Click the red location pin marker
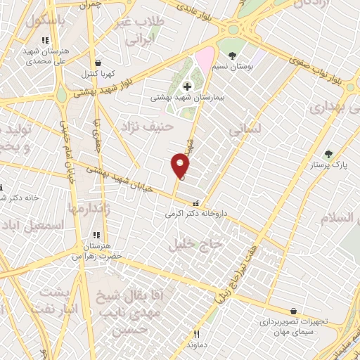pos(180,166)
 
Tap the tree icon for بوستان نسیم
pos(233,54)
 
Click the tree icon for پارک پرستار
pos(327,154)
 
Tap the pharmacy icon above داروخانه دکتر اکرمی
pos(186,200)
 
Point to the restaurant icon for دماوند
pos(197,334)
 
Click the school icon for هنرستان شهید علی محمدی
pos(46,40)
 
